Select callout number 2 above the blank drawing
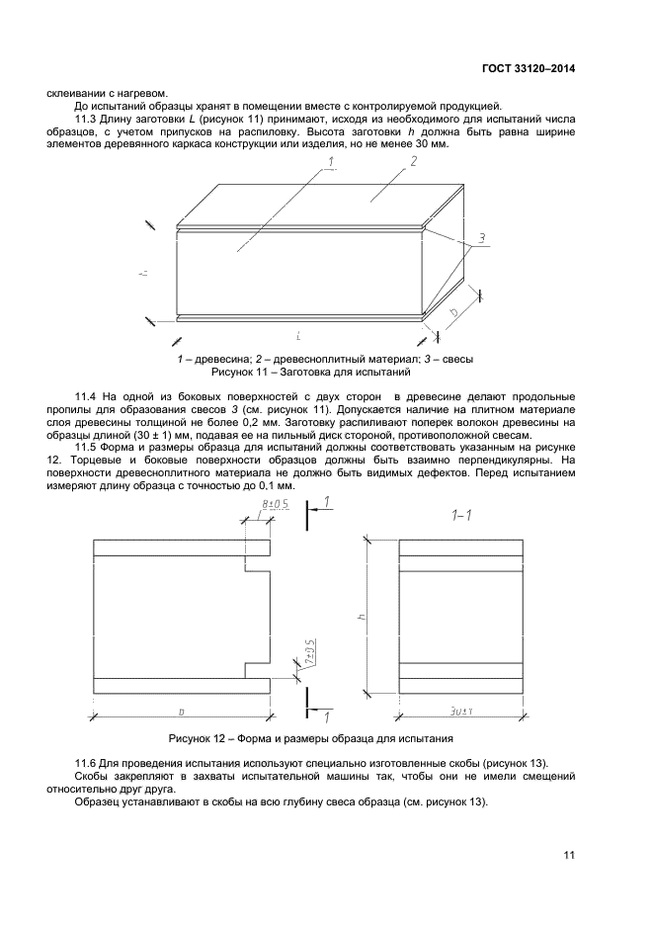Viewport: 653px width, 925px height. pos(413,160)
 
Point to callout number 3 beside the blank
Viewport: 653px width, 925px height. pos(480,238)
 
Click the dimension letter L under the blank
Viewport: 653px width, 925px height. pos(298,337)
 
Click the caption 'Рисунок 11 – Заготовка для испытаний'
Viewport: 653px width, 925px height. pos(311,374)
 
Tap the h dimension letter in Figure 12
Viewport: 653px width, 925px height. pos(363,616)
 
